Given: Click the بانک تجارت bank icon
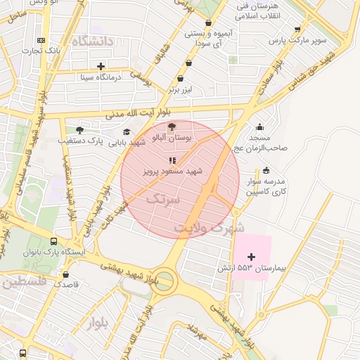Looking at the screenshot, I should (x=41, y=41).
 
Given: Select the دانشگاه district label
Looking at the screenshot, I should (x=91, y=41).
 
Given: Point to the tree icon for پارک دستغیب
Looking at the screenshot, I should (x=79, y=130).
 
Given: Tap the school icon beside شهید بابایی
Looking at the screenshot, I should (x=127, y=131).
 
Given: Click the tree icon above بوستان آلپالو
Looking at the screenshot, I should (x=172, y=128).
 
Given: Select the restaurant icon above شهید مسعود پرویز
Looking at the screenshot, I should (x=173, y=160).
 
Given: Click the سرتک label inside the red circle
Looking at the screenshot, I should (x=162, y=199).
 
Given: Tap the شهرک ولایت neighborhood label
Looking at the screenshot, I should (x=210, y=229).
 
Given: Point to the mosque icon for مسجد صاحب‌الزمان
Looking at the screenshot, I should (x=260, y=127).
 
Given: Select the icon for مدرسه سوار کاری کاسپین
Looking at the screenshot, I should (x=266, y=170).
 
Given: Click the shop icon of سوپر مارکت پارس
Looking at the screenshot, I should (x=297, y=30).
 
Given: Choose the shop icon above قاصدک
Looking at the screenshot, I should (x=66, y=274).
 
